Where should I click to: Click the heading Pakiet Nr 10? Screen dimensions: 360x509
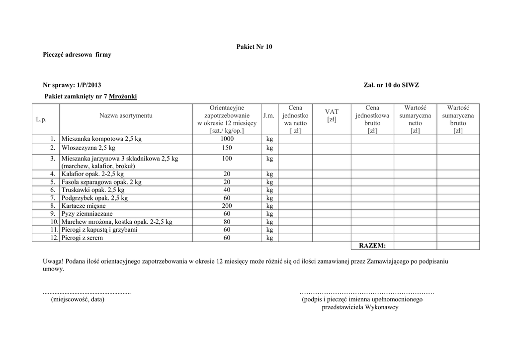(x=254, y=47)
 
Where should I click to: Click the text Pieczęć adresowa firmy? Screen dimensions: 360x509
(x=77, y=55)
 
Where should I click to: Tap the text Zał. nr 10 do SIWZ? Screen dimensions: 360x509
(x=391, y=85)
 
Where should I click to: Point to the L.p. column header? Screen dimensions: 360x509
(x=41, y=119)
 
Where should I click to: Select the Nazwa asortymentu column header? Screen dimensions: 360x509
(x=126, y=116)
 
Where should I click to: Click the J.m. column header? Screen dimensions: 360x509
(x=269, y=116)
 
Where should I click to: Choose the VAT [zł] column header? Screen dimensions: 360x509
(x=332, y=116)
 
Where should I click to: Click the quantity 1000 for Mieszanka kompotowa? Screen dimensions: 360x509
(x=227, y=139)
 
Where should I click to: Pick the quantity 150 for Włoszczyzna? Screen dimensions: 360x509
(x=227, y=148)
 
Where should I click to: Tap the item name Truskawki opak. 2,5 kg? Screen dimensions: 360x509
(x=93, y=190)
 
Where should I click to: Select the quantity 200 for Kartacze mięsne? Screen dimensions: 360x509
(x=227, y=206)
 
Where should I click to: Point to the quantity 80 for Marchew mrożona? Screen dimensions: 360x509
(x=227, y=222)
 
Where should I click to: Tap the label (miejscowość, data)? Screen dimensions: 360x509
(x=78, y=299)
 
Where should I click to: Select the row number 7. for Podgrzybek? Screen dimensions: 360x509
(x=53, y=198)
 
